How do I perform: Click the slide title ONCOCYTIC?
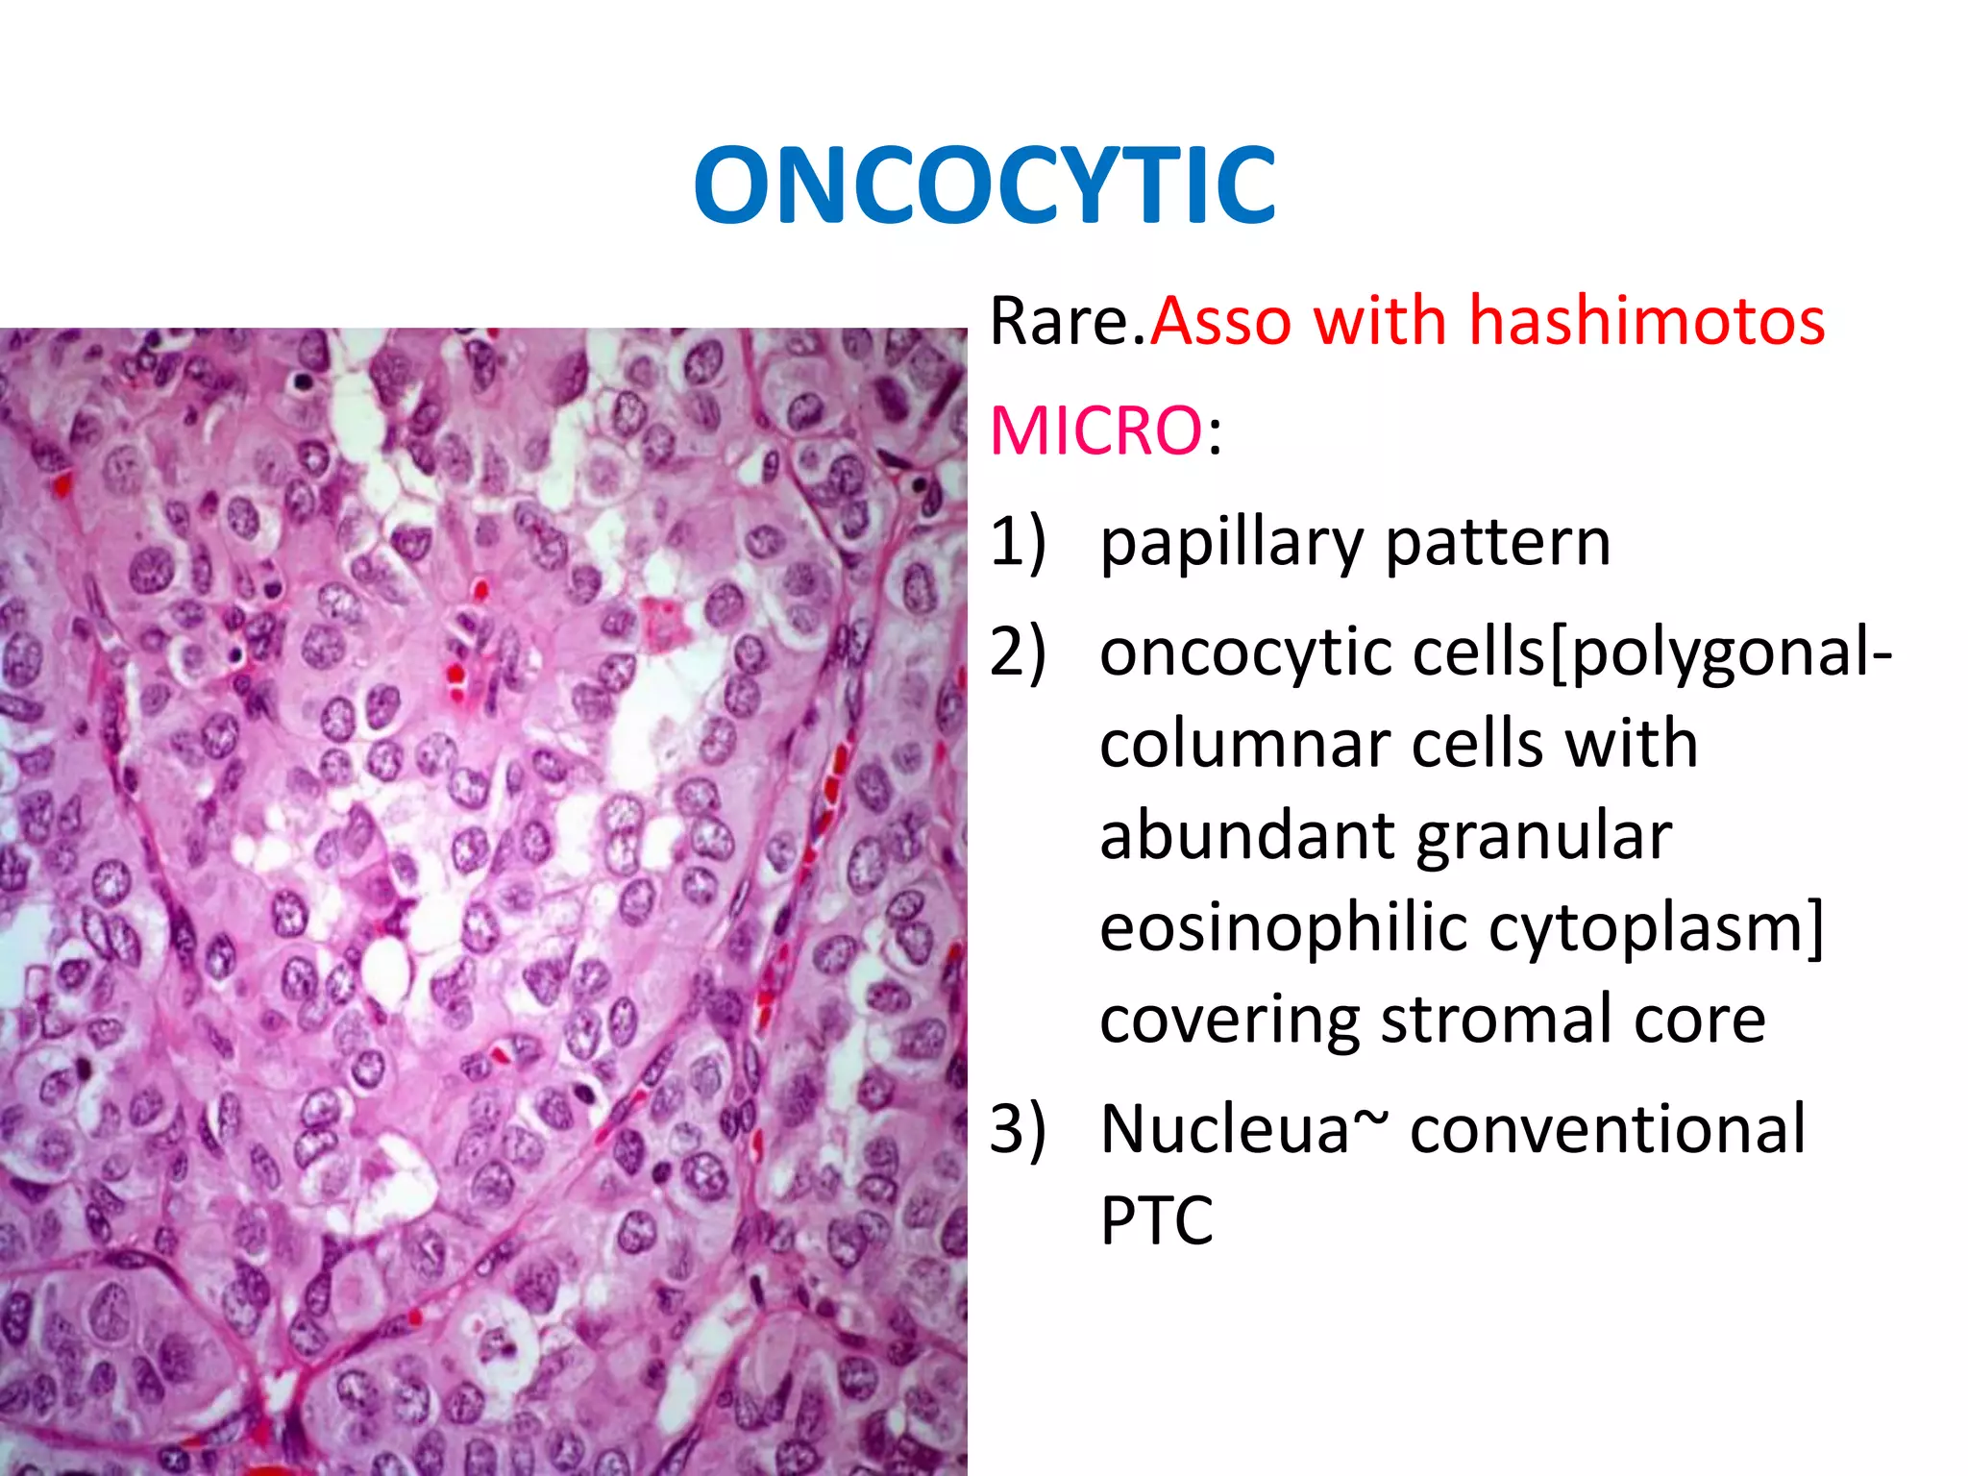pyautogui.click(x=984, y=184)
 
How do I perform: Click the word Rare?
pyautogui.click(x=1067, y=321)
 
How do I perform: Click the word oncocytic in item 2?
pyautogui.click(x=1245, y=653)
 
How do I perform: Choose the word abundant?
pyautogui.click(x=1245, y=836)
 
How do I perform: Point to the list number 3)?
pyautogui.click(x=1017, y=1128)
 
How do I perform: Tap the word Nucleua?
pyautogui.click(x=1225, y=1129)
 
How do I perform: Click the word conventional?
pyautogui.click(x=1607, y=1129)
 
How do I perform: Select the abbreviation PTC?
pyautogui.click(x=1156, y=1220)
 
